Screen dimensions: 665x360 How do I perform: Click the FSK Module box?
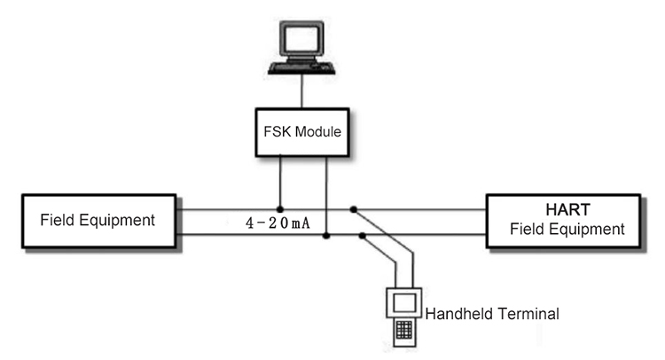pyautogui.click(x=302, y=132)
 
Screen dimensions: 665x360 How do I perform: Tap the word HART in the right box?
pyautogui.click(x=567, y=209)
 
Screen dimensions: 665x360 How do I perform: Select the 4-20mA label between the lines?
pyautogui.click(x=278, y=223)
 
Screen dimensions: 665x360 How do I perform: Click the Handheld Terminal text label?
pyautogui.click(x=492, y=314)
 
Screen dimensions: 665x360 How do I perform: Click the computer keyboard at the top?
pyautogui.click(x=301, y=68)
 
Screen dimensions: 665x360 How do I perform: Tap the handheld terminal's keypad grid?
pyautogui.click(x=403, y=330)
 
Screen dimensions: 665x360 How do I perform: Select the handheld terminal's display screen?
pyautogui.click(x=404, y=302)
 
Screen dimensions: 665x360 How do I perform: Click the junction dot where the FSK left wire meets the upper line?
pyautogui.click(x=280, y=209)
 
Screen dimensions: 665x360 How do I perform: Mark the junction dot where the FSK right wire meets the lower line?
pyautogui.click(x=325, y=235)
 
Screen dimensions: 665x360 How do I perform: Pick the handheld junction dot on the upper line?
pyautogui.click(x=353, y=209)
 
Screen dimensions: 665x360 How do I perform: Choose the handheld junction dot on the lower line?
pyautogui.click(x=362, y=235)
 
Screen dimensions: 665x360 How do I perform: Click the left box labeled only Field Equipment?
pyautogui.click(x=98, y=221)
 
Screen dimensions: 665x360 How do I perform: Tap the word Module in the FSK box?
pyautogui.click(x=318, y=131)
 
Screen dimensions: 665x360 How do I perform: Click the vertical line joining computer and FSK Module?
pyautogui.click(x=302, y=91)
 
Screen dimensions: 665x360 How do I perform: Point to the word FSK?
pyautogui.click(x=277, y=131)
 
